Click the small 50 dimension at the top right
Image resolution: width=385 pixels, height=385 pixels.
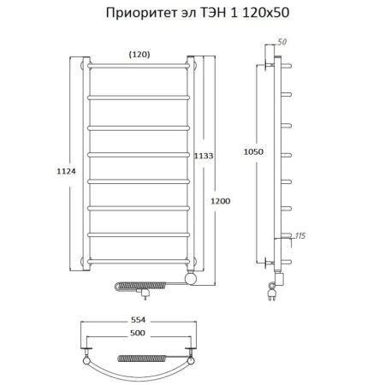(x=283, y=43)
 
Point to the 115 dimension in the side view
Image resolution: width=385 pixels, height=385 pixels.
(x=299, y=235)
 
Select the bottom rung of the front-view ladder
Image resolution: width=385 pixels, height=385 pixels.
(x=139, y=256)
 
